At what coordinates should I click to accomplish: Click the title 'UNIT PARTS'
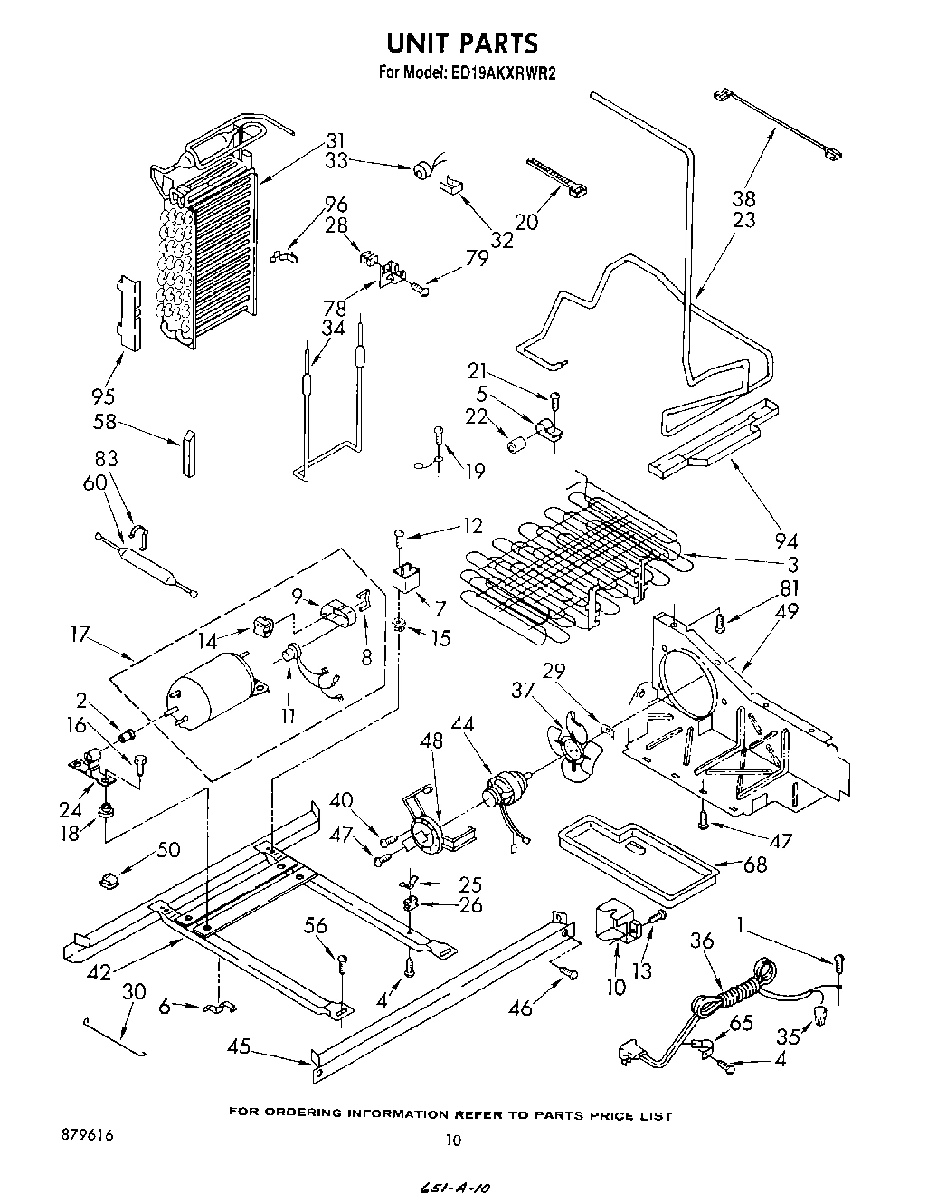tap(462, 43)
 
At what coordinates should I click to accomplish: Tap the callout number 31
tap(336, 141)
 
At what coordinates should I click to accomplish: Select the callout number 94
tap(786, 541)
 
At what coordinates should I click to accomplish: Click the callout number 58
tap(105, 421)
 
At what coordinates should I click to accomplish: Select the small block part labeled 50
tap(110, 878)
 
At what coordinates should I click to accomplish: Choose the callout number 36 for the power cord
tap(702, 941)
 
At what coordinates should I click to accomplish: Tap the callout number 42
tap(99, 973)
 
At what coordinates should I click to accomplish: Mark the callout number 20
tap(525, 221)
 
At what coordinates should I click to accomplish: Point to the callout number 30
tap(133, 991)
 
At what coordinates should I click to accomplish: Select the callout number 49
tap(787, 611)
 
